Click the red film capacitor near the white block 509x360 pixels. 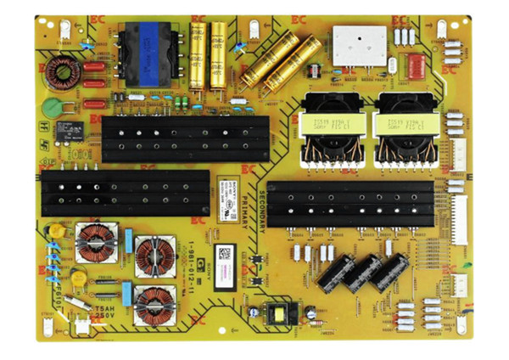coord(416,66)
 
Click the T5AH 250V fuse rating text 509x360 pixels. coord(105,313)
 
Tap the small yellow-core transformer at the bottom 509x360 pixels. coord(277,313)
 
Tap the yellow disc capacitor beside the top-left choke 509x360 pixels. coord(55,232)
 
